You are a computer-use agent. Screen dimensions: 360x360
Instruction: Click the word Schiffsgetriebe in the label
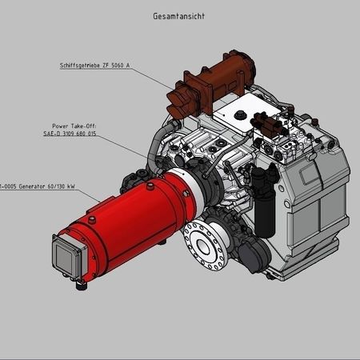pyautogui.click(x=78, y=65)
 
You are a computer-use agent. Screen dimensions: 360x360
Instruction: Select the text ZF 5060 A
pyautogui.click(x=117, y=65)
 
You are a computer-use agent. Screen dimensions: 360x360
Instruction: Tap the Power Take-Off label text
pyautogui.click(x=71, y=126)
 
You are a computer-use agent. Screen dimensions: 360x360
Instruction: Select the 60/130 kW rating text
pyautogui.click(x=65, y=186)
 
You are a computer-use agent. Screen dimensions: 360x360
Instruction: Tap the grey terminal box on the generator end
pyautogui.click(x=67, y=256)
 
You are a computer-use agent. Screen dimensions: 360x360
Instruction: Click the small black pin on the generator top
pyautogui.click(x=149, y=186)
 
